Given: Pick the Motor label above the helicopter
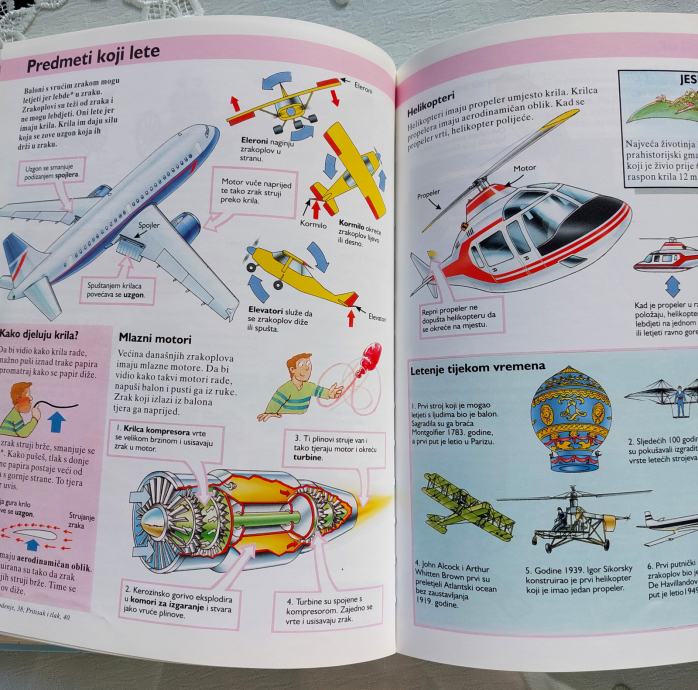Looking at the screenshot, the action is tap(525, 169).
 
